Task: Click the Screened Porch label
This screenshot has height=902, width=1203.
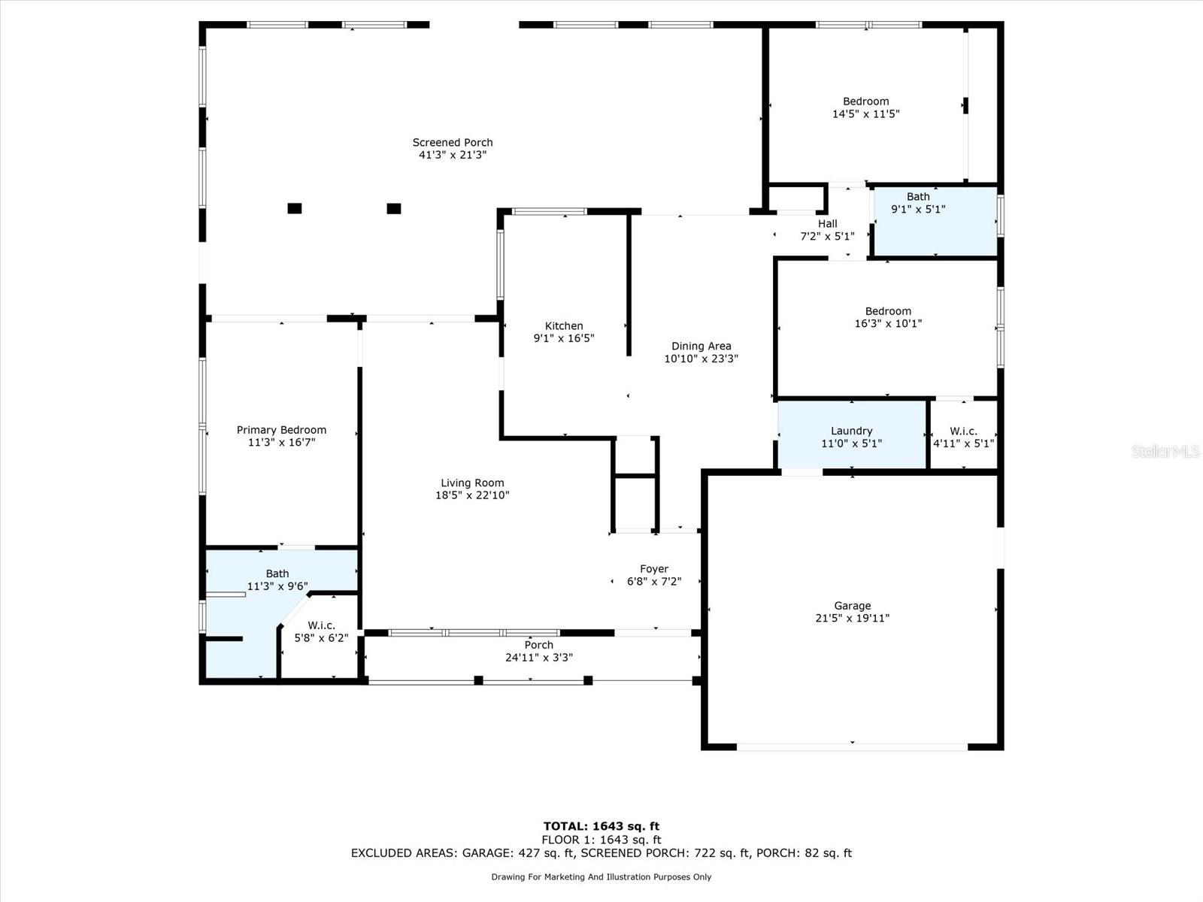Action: [x=452, y=142]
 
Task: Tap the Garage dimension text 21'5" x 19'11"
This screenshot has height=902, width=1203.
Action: [x=852, y=619]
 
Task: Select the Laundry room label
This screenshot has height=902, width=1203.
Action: [x=851, y=431]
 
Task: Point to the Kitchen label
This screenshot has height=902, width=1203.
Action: [x=564, y=326]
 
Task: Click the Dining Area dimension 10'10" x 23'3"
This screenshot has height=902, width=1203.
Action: [x=701, y=359]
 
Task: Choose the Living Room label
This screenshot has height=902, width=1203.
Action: [x=472, y=483]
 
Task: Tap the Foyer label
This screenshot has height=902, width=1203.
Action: [x=654, y=569]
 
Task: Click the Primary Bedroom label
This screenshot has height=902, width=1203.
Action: [x=281, y=430]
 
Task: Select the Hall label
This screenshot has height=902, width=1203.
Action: [x=828, y=223]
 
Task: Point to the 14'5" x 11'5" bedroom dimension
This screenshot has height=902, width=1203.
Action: [x=866, y=114]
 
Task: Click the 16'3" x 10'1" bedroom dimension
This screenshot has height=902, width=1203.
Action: [x=888, y=324]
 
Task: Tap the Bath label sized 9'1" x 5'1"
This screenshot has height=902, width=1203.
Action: [x=918, y=197]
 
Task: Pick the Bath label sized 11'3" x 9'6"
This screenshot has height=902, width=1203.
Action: [x=277, y=574]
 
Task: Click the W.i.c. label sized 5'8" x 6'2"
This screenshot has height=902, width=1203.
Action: [x=321, y=625]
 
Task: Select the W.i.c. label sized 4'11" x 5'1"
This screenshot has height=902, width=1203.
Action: [x=963, y=431]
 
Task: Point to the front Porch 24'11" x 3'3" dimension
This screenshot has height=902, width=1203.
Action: [x=539, y=658]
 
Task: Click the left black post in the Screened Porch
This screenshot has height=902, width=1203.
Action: [x=294, y=208]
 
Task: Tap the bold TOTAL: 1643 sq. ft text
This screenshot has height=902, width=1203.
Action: [x=601, y=826]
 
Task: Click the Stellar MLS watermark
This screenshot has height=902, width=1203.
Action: [x=1165, y=451]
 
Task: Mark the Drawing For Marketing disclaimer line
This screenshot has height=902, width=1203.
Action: [x=601, y=876]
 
